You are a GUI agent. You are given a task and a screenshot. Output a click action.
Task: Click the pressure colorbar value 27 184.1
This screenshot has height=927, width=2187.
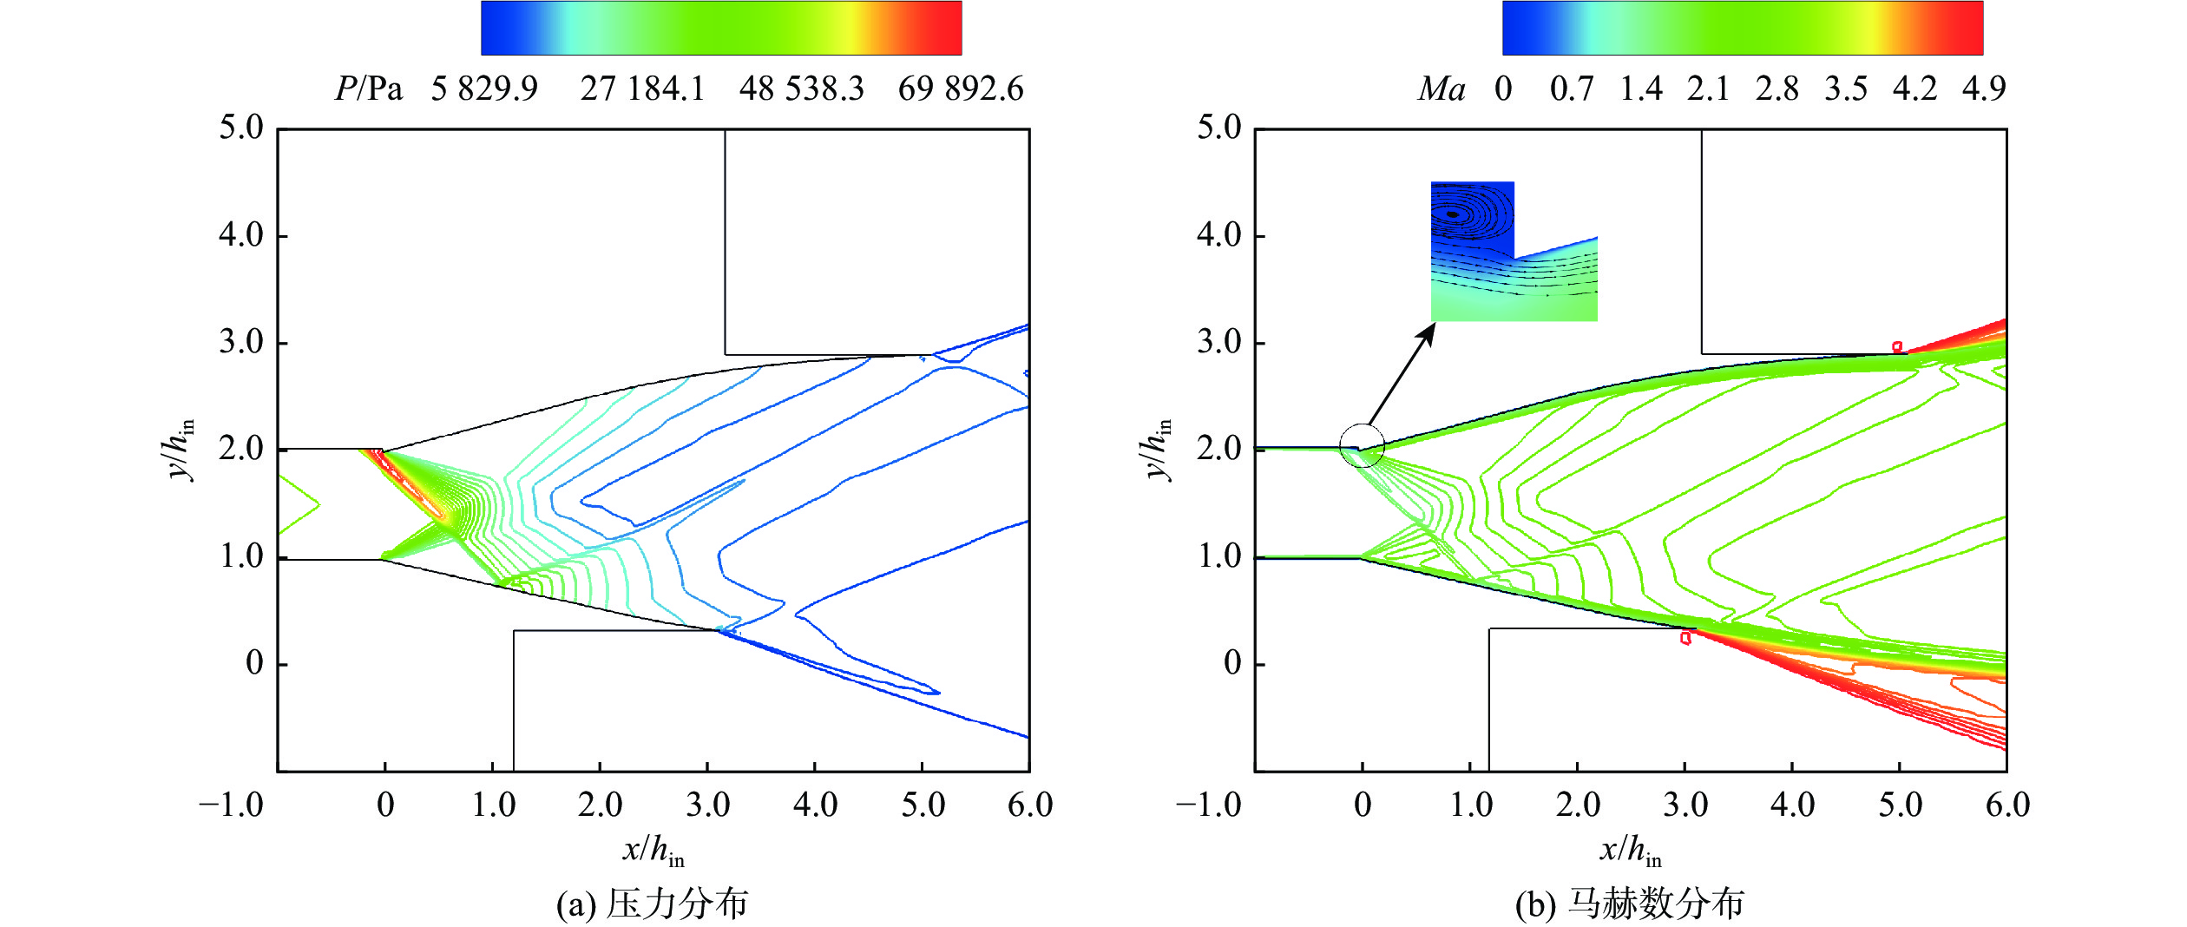[x=642, y=89]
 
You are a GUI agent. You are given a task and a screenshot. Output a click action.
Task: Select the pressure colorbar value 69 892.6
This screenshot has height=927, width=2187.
[x=960, y=89]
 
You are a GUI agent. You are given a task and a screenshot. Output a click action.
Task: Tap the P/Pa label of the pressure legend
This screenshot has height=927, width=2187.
[x=369, y=89]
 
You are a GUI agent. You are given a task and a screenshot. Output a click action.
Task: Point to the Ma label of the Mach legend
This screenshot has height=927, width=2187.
[x=1441, y=89]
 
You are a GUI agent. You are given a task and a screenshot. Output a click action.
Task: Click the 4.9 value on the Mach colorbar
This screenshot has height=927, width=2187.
[x=1984, y=89]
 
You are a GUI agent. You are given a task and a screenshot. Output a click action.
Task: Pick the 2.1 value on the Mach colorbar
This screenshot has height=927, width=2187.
[x=1708, y=89]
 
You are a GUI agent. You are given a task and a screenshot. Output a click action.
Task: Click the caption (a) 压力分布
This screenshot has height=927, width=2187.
[x=652, y=904]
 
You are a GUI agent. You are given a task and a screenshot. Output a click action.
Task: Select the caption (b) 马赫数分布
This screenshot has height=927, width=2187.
[x=1629, y=904]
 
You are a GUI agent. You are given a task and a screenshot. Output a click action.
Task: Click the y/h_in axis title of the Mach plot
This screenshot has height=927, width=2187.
[x=1158, y=449]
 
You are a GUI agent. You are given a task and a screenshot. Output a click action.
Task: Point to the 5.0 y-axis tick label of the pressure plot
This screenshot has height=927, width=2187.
[x=240, y=128]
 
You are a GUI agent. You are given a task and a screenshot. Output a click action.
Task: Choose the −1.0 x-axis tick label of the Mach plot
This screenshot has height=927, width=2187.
[x=1208, y=805]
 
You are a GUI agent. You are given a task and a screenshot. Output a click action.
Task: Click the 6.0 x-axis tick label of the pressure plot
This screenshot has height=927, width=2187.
[x=1030, y=805]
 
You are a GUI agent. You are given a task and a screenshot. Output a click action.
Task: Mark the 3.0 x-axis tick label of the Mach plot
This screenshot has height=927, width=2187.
[x=1685, y=805]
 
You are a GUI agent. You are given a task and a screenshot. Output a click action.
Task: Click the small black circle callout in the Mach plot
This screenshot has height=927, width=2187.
[x=1362, y=446]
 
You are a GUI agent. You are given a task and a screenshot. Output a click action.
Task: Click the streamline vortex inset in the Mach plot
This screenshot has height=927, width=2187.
[x=1513, y=252]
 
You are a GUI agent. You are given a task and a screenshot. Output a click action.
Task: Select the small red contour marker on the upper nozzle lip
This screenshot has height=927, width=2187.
[x=1897, y=347]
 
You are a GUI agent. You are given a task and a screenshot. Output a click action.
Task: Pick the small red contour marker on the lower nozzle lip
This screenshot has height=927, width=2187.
[x=1685, y=638]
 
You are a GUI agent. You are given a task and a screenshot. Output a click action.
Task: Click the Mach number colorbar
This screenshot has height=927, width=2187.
[x=1743, y=29]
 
